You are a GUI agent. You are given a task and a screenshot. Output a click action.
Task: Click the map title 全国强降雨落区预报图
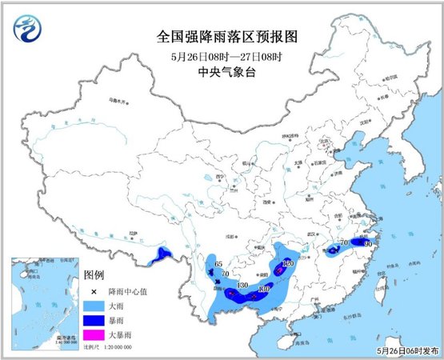[222, 37]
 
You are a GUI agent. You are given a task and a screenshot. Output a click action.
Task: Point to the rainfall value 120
[289, 263]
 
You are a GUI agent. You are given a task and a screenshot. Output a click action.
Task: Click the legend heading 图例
[94, 274]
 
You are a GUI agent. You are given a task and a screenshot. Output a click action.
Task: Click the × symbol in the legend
[94, 291]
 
